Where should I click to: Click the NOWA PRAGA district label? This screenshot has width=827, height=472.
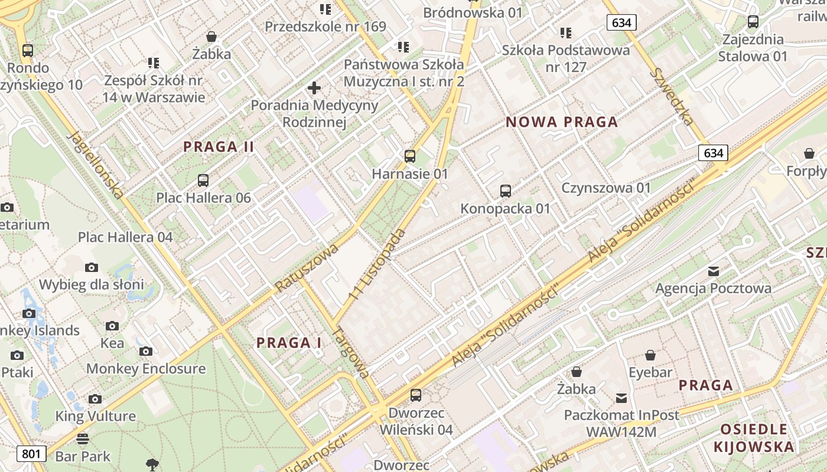pyautogui.click(x=562, y=122)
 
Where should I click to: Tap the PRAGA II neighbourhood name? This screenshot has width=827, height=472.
pyautogui.click(x=219, y=147)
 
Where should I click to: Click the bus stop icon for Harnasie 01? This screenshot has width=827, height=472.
pyautogui.click(x=410, y=156)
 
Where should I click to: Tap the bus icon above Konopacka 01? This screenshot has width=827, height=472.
pyautogui.click(x=506, y=191)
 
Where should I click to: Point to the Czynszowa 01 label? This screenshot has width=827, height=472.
pyautogui.click(x=606, y=188)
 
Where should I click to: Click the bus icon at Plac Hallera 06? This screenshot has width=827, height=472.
pyautogui.click(x=203, y=181)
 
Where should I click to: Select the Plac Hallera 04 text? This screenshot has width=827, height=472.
pyautogui.click(x=125, y=237)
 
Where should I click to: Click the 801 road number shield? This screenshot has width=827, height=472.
pyautogui.click(x=31, y=454)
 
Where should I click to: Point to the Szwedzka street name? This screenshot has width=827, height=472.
pyautogui.click(x=672, y=97)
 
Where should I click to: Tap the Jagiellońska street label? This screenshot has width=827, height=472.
pyautogui.click(x=96, y=165)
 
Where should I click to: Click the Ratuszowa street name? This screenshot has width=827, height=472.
pyautogui.click(x=307, y=267)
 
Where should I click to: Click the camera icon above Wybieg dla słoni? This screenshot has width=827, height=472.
pyautogui.click(x=92, y=267)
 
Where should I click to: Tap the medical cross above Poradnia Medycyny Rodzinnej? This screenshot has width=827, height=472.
pyautogui.click(x=314, y=88)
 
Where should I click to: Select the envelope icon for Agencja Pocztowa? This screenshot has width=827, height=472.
pyautogui.click(x=714, y=271)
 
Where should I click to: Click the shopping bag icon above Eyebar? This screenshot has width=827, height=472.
pyautogui.click(x=650, y=355)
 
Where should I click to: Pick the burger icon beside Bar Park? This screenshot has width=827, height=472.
pyautogui.click(x=83, y=439)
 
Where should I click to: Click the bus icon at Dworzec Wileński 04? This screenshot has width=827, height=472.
pyautogui.click(x=416, y=395)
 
